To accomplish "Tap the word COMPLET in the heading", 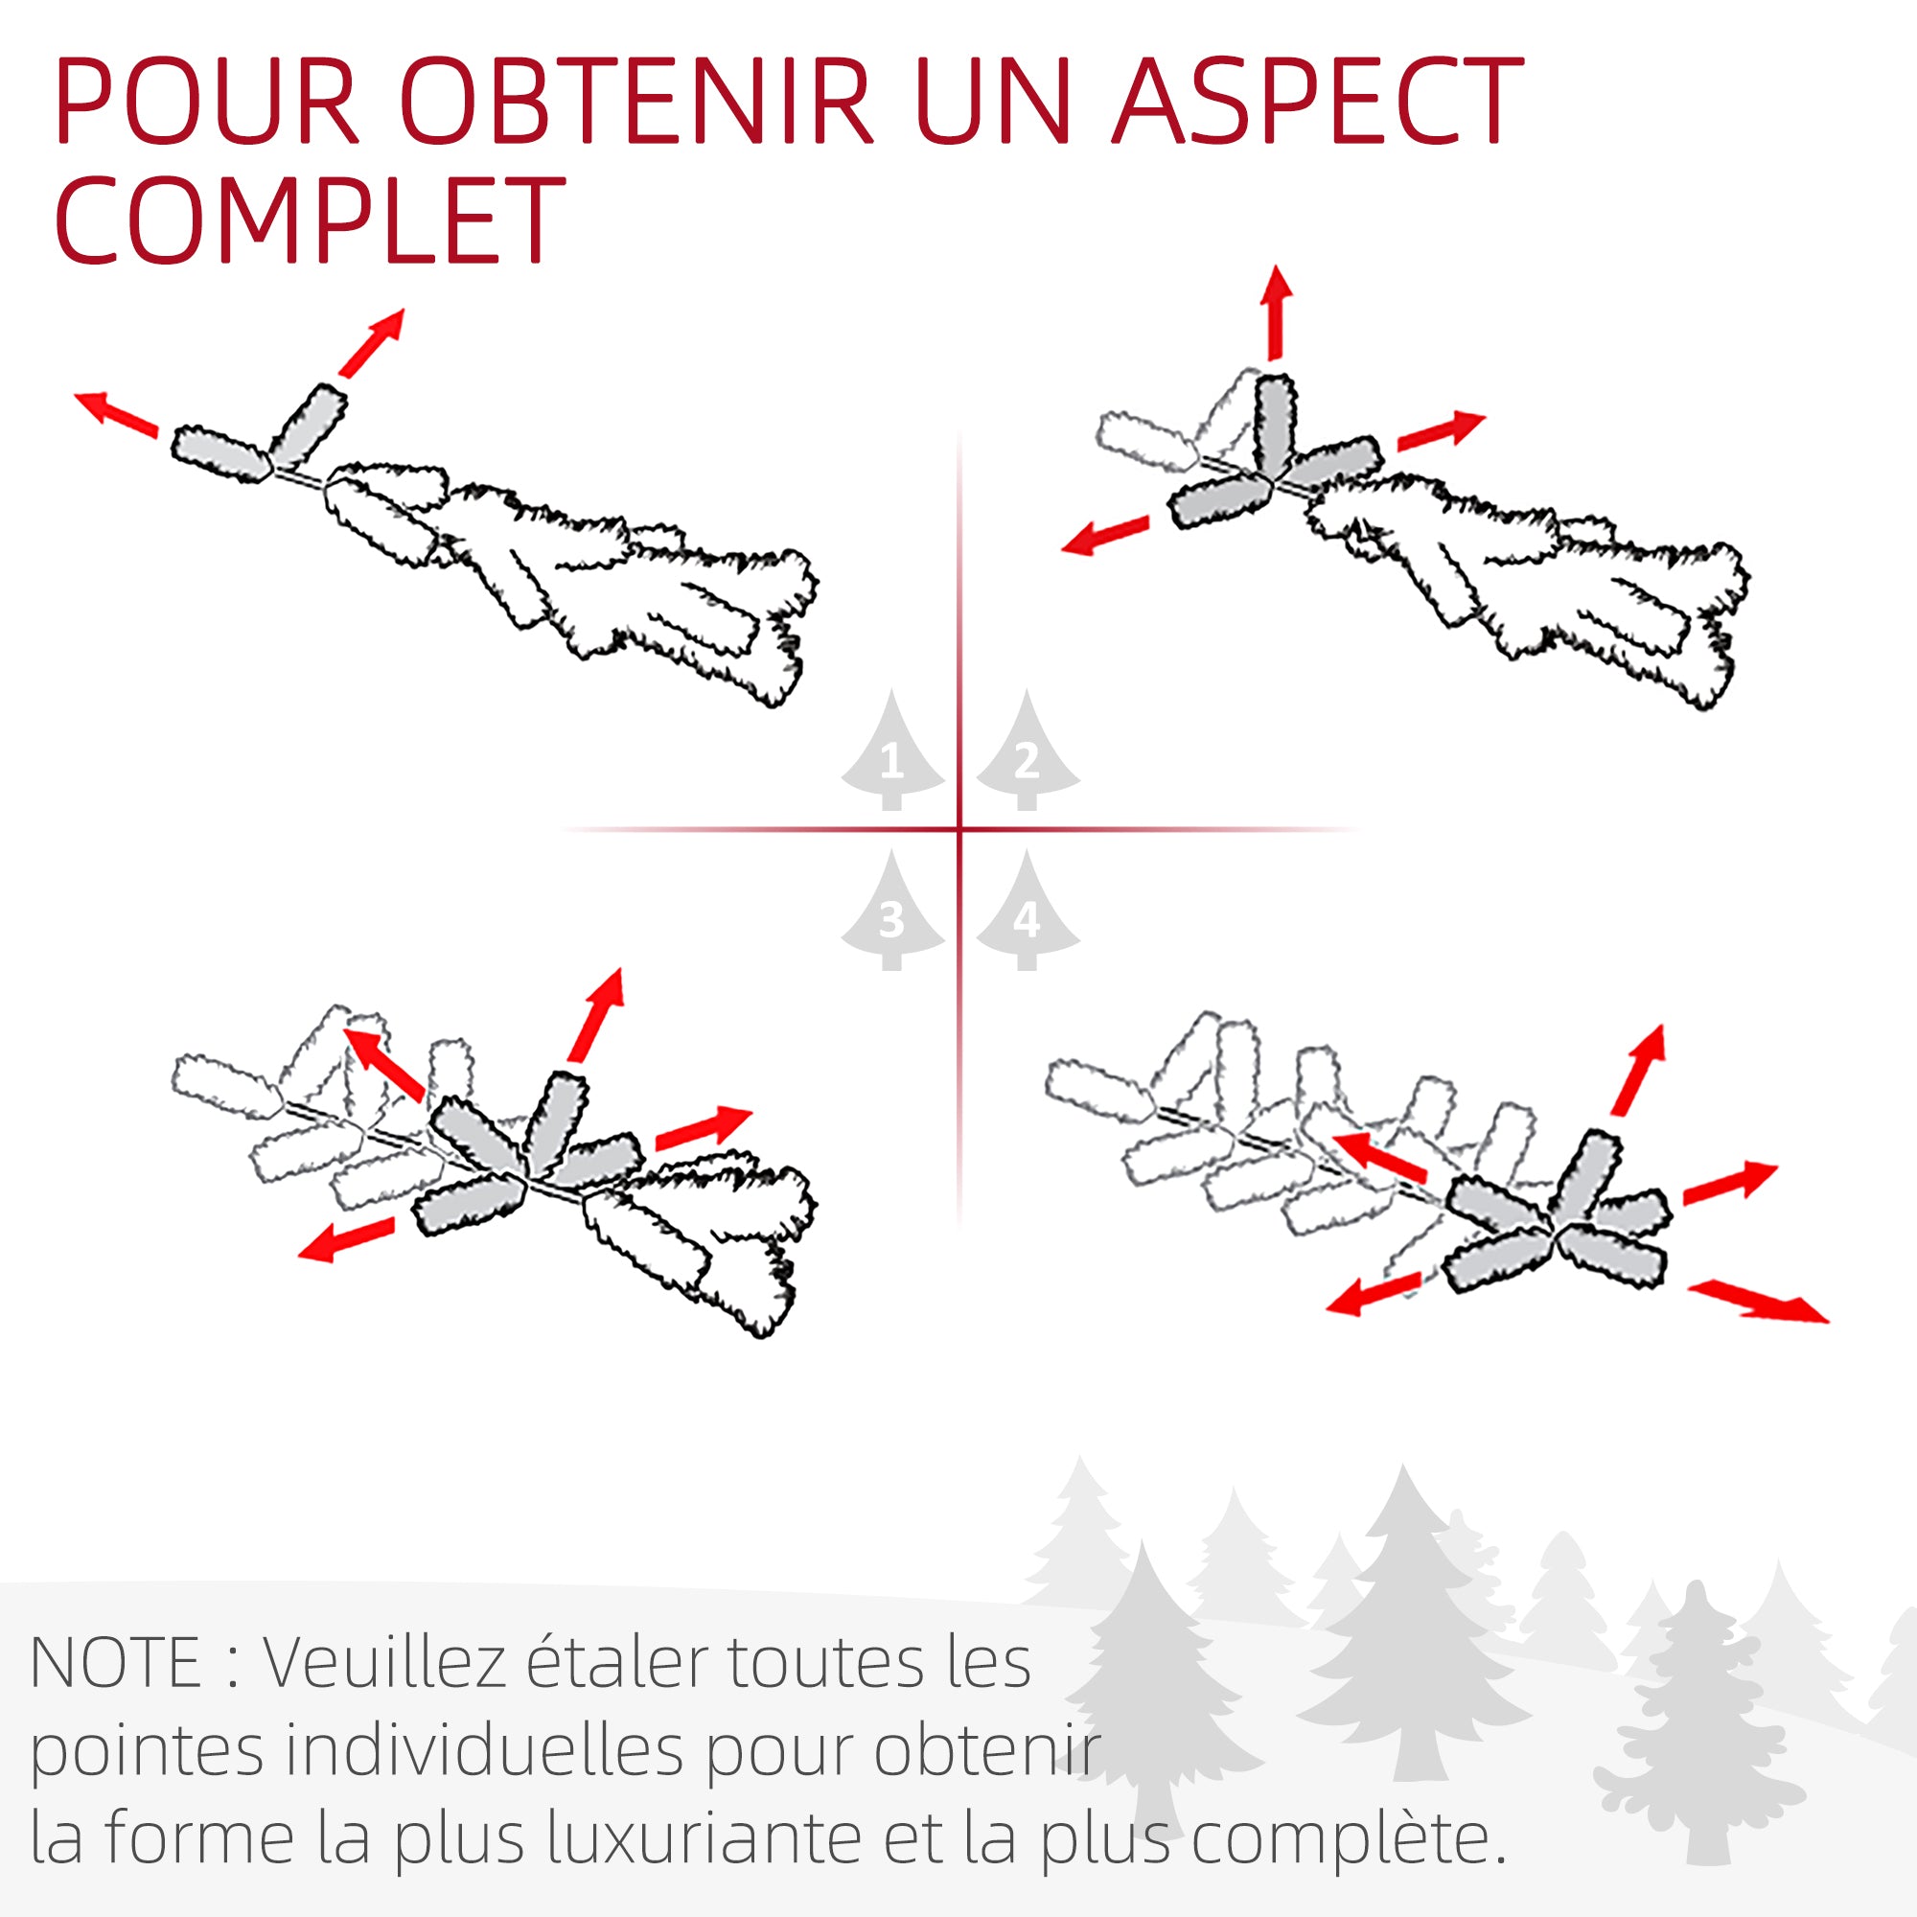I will pyautogui.click(x=310, y=220).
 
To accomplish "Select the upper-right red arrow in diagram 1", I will pyautogui.click(x=373, y=342).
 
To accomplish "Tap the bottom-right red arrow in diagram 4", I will pyautogui.click(x=1758, y=1301).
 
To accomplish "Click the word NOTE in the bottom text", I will pyautogui.click(x=116, y=1663).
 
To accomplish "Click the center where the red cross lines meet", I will pyautogui.click(x=959, y=828).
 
